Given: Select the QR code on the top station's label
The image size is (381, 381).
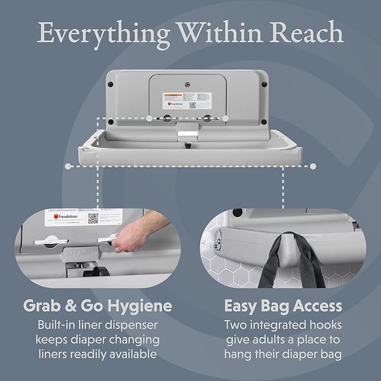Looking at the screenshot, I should coord(192,104).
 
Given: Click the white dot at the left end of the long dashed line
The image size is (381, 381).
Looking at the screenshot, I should coord(68,166).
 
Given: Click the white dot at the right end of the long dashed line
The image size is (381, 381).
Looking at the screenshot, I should coord(313,166).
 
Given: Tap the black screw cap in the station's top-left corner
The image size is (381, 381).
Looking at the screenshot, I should coord(111,84).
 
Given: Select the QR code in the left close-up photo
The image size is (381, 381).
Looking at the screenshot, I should coord(93,218).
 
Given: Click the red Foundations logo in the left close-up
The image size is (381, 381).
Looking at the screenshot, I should coord(56,216).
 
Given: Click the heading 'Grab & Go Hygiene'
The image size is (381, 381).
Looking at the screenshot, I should coord(97,306).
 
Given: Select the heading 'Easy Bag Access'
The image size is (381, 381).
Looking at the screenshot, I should coord(283,306).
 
